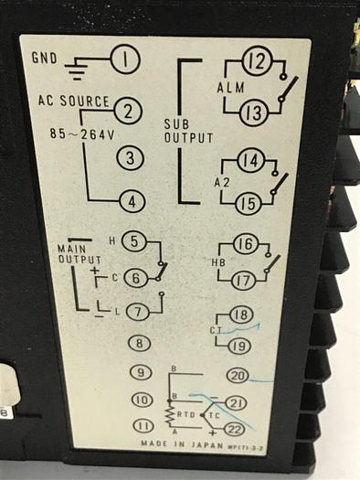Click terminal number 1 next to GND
[125, 62]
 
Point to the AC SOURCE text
[73, 101]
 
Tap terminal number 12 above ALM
[255, 63]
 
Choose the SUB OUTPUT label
[188, 131]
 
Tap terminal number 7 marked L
[137, 312]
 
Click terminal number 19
[238, 346]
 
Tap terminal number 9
[141, 372]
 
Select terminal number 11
[142, 425]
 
